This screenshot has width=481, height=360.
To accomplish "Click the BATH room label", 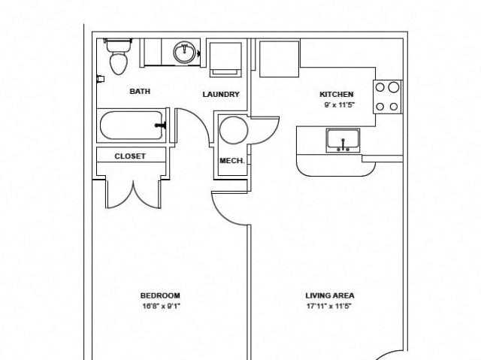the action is (x=140, y=91).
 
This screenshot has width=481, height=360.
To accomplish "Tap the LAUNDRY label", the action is (x=221, y=94).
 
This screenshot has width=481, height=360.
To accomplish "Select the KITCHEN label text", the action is (x=337, y=94).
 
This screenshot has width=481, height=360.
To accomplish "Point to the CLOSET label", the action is (x=130, y=156).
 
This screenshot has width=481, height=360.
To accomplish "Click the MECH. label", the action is (x=232, y=161).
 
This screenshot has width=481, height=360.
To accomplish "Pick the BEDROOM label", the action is (x=160, y=295).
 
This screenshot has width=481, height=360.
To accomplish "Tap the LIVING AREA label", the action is (x=330, y=295).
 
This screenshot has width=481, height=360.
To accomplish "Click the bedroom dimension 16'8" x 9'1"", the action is (x=161, y=306).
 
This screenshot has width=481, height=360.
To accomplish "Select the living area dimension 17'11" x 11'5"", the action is (x=329, y=306).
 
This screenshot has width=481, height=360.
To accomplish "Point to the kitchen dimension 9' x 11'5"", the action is (x=339, y=105).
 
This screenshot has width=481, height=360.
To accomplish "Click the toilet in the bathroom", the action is (x=119, y=56).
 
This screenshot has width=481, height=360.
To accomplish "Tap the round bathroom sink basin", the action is (x=184, y=53).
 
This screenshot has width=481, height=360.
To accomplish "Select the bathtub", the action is (x=132, y=125).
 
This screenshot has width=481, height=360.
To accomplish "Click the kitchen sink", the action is (x=343, y=141).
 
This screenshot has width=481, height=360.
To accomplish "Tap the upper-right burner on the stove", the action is (x=394, y=87).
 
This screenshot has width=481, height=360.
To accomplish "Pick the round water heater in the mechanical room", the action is (x=234, y=130).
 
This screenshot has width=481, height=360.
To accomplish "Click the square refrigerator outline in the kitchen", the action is (x=279, y=59).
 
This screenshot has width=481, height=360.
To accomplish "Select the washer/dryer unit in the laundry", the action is (x=225, y=59).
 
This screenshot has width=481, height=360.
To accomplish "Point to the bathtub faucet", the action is (x=161, y=125).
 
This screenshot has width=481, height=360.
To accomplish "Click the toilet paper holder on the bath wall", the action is (x=100, y=79).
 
